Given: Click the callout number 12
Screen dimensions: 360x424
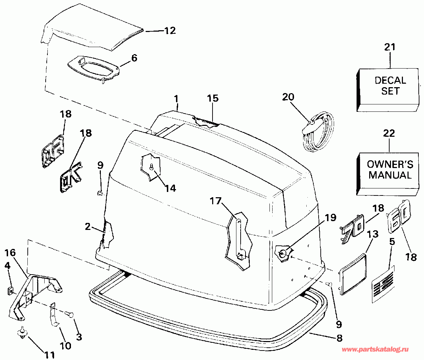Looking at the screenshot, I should tap(170, 31).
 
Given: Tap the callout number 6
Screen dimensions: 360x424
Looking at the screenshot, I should tap(134, 58).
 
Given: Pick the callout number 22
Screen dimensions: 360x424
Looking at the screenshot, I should tap(389, 134).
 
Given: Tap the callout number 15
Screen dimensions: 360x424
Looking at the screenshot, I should tap(213, 98).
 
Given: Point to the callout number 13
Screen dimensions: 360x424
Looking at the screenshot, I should tap(373, 234).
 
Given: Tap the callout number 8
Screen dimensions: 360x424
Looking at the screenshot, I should tap(339, 338).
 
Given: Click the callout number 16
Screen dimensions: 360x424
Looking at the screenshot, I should tap(11, 252).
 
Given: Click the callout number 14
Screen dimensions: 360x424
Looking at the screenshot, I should tap(170, 188).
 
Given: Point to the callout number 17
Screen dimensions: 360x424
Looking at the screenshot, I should tap(216, 201).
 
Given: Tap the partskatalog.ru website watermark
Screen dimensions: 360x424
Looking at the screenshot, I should tap(375, 349).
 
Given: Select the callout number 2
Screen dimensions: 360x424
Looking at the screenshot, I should tap(88, 227).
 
